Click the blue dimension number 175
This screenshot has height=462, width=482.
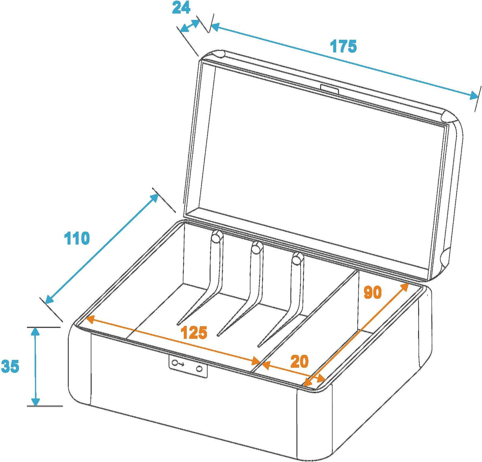(343, 46)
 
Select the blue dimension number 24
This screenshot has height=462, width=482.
(181, 8)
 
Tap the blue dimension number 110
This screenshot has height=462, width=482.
(77, 239)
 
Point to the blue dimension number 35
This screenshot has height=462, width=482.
(10, 366)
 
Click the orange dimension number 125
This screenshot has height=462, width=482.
(194, 333)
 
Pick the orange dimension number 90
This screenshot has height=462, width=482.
(372, 293)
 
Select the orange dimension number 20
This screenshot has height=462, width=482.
(299, 362)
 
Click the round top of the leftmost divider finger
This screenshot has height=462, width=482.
(217, 237)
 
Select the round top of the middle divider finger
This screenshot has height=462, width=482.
(256, 249)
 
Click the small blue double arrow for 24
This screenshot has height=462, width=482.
(190, 26)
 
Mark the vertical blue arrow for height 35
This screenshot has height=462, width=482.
(36, 366)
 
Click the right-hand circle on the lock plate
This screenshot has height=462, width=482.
(199, 369)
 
